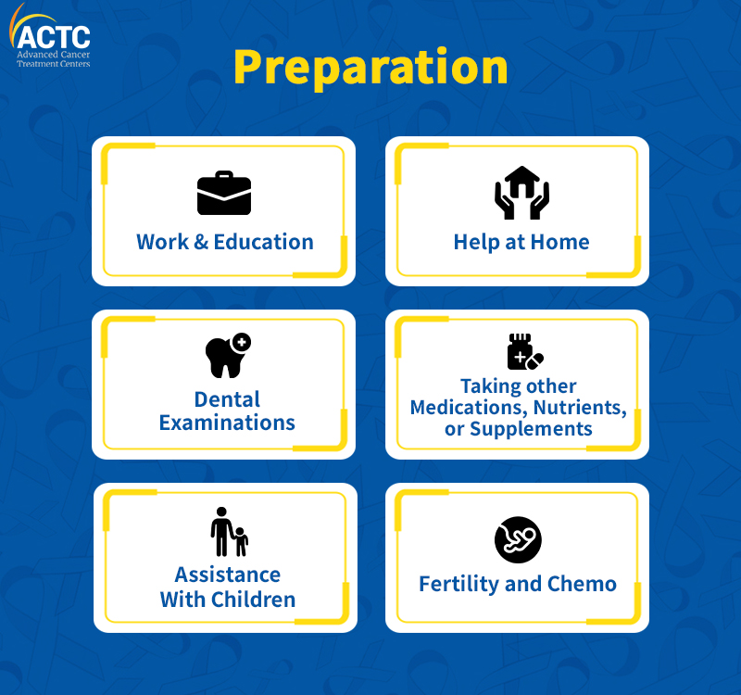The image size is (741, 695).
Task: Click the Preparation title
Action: pos(371,68)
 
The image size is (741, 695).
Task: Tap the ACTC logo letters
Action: pos(54,37)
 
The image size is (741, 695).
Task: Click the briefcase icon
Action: pos(224,193)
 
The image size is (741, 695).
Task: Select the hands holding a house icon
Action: pos(521,193)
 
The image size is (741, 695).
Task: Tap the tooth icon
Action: pos(228,356)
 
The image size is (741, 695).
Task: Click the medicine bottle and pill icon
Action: pos(525,352)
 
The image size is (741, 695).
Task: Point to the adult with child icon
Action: pos(229,532)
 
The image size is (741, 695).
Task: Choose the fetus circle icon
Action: pos(518,539)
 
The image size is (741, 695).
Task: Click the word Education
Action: pos(264,242)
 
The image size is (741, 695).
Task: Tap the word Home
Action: pos(560,242)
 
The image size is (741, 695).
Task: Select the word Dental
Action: pos(227,399)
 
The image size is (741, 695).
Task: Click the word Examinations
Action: pos(227,423)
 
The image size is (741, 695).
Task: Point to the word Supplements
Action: pos(531,429)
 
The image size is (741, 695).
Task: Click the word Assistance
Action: pos(228,575)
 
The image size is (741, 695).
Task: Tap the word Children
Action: pos(253,600)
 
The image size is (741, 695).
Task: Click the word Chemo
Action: pos(582,585)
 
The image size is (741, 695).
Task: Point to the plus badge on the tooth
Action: pos(242,342)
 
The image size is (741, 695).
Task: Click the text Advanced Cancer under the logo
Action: pos(54,55)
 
